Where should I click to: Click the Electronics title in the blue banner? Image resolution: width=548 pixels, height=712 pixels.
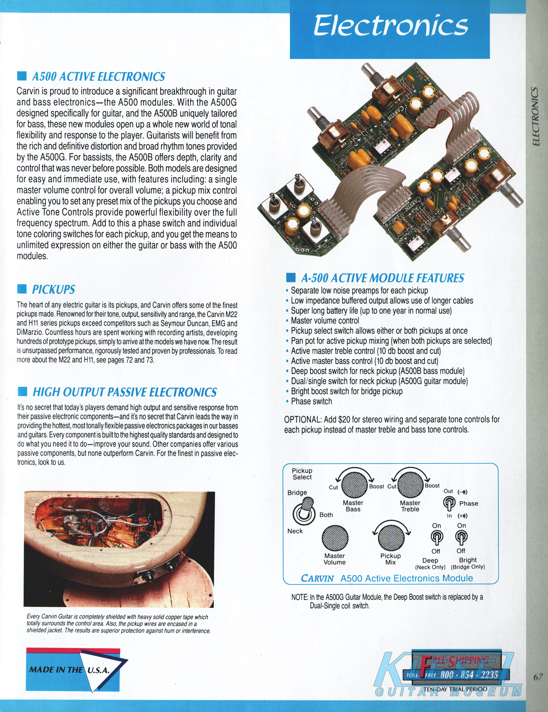[x=390, y=26]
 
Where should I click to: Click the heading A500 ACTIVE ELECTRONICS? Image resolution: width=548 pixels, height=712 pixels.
[x=99, y=77]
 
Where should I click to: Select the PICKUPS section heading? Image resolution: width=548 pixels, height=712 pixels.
[x=53, y=289]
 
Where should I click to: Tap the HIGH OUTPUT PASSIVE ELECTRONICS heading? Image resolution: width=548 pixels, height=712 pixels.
[x=125, y=392]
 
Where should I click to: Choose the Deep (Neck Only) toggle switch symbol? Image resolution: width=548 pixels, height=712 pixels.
[x=436, y=538]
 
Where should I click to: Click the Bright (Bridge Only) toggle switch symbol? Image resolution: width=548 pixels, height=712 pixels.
[x=461, y=538]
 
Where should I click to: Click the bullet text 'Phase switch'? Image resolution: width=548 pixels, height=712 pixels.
[x=311, y=401]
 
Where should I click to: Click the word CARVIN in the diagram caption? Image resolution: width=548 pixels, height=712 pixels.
[x=317, y=578]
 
